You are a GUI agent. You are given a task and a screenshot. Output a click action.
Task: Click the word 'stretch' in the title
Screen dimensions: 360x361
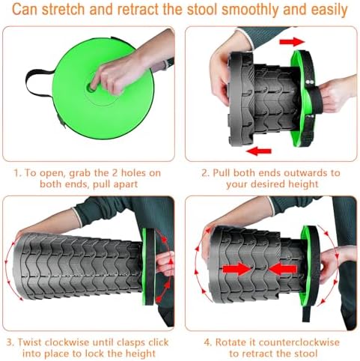tap(64, 10)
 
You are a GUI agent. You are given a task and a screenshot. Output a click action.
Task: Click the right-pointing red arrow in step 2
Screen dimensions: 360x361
tap(291, 42)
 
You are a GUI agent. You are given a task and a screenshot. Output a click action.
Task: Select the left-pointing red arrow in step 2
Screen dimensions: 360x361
tap(258, 151)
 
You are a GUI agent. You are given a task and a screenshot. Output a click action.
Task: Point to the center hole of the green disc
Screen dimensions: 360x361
tap(91, 87)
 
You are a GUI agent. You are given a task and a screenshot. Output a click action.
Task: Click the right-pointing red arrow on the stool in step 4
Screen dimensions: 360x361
tap(237, 269)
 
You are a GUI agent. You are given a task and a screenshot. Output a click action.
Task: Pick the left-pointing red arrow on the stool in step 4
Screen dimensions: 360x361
tap(282, 269)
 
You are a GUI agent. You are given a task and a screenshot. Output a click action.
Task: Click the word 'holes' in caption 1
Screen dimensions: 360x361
tap(133, 173)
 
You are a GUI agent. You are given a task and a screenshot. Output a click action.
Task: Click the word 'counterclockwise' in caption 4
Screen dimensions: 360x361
tap(299, 342)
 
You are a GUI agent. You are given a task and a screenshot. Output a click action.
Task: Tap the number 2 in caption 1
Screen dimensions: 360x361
tap(115, 173)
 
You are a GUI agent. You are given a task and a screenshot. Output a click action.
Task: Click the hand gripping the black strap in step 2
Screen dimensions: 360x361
tap(335, 95)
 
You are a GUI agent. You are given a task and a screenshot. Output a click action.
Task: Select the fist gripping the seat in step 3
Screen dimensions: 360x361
tap(165, 264)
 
